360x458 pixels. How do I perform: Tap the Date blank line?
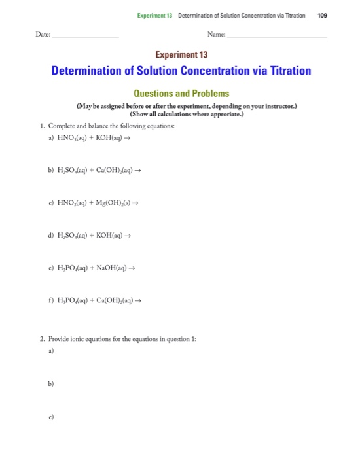tap(86, 36)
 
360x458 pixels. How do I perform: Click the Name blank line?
tap(276, 36)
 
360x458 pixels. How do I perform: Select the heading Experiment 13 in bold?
tap(180, 55)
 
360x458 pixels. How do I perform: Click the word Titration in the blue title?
tap(283, 71)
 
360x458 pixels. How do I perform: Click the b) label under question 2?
tap(50, 385)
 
